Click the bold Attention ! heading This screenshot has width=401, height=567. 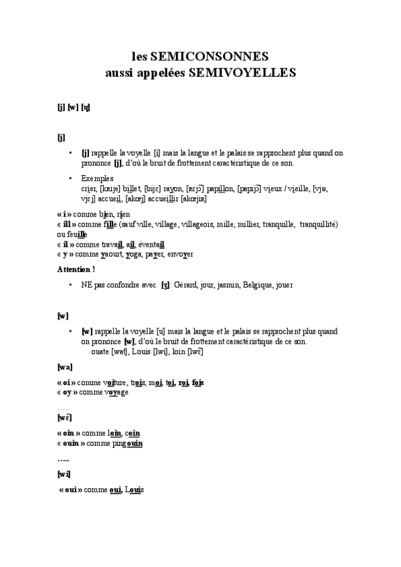point(76,269)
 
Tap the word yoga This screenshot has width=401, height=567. point(137,255)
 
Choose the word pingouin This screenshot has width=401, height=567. point(127,443)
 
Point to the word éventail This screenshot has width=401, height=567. point(150,245)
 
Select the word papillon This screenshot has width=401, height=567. point(219,189)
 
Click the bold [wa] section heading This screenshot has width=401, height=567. point(65,367)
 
